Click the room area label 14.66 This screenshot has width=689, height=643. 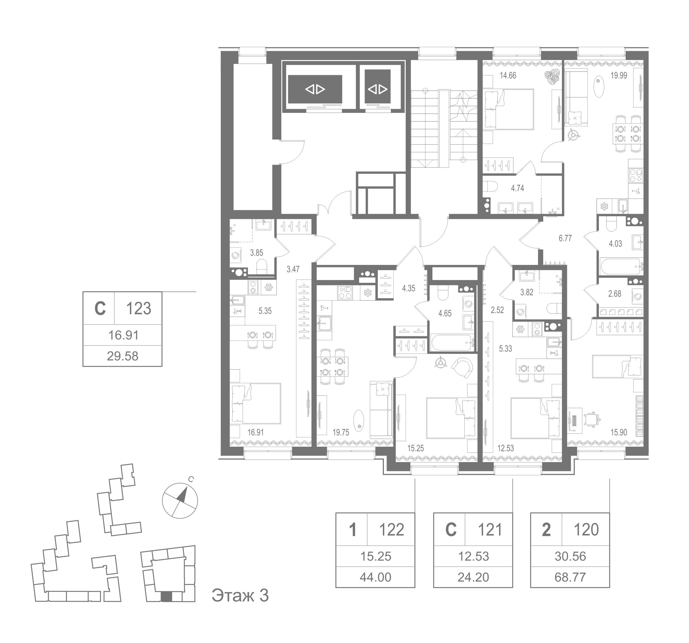click(508, 75)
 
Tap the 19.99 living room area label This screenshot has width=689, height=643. click(619, 75)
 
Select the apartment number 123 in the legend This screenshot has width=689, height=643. click(138, 308)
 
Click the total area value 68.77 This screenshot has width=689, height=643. click(570, 577)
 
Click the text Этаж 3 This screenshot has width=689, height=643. click(240, 596)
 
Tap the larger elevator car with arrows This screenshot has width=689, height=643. click(315, 89)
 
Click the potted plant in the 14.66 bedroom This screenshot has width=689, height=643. click(550, 77)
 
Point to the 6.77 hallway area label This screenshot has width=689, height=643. click(565, 238)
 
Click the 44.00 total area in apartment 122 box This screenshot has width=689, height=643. click(375, 577)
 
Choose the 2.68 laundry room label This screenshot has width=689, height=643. click(615, 294)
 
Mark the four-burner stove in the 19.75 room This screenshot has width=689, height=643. click(344, 293)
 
